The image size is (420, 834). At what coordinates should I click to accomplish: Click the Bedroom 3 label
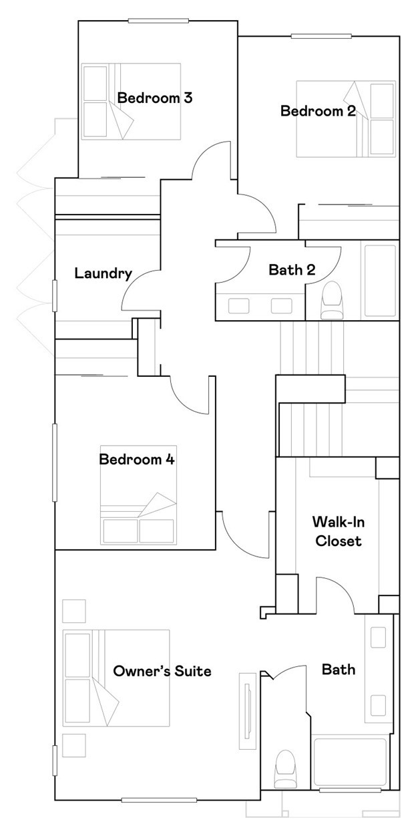(155, 98)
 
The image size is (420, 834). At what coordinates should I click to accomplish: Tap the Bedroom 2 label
(317, 111)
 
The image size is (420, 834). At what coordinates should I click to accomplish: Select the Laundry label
(103, 273)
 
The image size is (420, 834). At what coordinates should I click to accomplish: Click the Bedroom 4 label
(137, 460)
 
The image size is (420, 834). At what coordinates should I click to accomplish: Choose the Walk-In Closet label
(337, 531)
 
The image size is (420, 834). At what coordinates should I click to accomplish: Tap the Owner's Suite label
(162, 671)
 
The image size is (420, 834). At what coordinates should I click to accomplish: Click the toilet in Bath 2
(331, 301)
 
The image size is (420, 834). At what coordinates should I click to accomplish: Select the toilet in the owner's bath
(285, 769)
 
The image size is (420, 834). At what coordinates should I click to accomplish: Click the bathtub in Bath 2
(379, 281)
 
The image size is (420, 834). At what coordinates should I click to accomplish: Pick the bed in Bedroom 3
(131, 102)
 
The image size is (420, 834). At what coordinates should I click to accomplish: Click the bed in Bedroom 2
(346, 119)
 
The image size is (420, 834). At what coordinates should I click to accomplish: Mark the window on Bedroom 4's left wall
(55, 461)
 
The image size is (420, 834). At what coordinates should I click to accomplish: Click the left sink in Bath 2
(239, 306)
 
